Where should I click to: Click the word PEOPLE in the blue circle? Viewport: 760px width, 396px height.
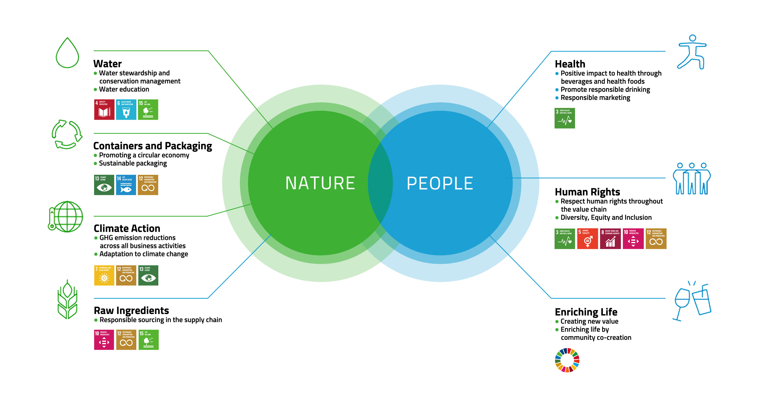[440, 183]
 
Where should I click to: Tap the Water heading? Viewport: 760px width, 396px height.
[107, 64]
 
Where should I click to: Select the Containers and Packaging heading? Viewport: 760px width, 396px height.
[153, 146]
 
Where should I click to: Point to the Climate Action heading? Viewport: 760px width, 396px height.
[127, 228]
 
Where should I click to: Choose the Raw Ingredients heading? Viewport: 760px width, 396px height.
[131, 310]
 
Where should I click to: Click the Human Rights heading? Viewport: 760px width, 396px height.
[587, 192]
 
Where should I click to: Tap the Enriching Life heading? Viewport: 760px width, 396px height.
[586, 312]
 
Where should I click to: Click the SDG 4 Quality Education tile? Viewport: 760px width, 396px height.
[104, 109]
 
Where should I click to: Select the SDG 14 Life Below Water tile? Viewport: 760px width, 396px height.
[126, 185]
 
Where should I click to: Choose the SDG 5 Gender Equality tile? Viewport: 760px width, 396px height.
[587, 238]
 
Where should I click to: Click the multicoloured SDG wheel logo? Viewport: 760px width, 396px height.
[567, 360]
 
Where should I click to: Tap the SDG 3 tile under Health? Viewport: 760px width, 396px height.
[564, 118]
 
